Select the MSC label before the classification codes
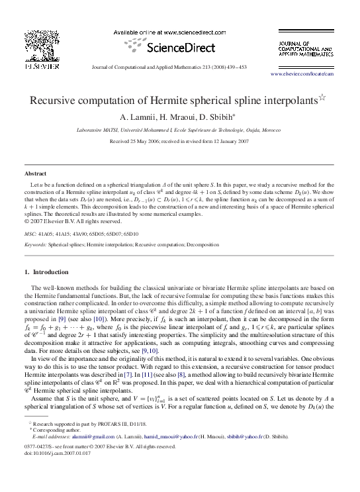[x=30, y=234]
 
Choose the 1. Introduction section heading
[x=50, y=272]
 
